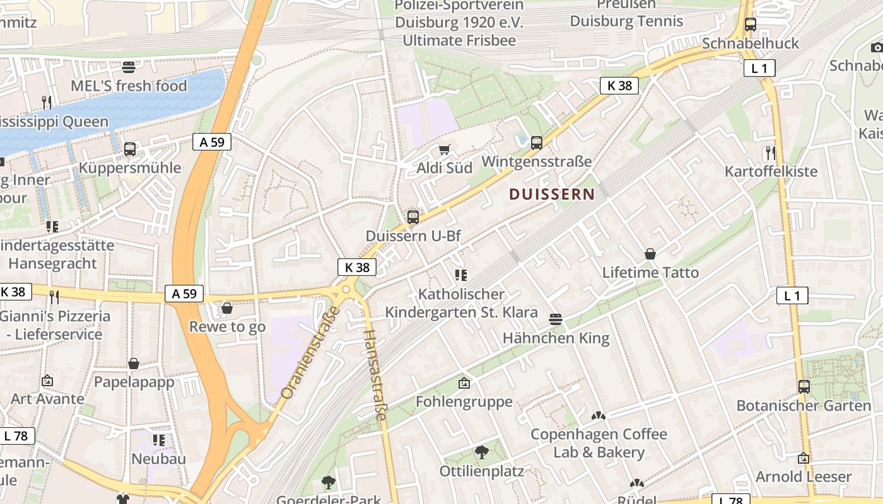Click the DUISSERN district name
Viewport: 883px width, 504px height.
tap(552, 194)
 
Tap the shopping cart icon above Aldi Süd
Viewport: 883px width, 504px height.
tap(445, 149)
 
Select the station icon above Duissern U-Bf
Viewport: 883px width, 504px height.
tap(413, 217)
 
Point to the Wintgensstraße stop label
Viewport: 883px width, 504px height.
tap(536, 162)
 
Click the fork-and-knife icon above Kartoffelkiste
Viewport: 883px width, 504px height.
tap(770, 152)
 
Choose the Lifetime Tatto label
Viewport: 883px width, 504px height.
tap(650, 273)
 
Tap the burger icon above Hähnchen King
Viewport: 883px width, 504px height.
tap(556, 319)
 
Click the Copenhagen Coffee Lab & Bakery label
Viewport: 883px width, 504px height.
tap(599, 444)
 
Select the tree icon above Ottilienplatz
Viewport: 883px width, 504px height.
tap(481, 452)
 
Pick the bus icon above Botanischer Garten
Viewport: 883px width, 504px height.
tap(804, 386)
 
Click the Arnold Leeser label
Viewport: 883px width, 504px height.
tap(804, 476)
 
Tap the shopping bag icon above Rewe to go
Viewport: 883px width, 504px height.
tap(227, 308)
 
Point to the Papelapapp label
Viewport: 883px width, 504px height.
tap(134, 382)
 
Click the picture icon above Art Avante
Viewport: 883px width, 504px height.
tap(47, 381)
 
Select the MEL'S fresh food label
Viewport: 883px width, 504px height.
tap(129, 86)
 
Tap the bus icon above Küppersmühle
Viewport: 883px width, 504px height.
tap(129, 149)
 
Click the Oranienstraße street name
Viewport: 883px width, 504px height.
tap(310, 353)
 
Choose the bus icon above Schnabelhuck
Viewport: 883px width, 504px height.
tap(750, 25)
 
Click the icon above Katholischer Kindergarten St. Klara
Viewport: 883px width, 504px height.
tap(461, 275)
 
